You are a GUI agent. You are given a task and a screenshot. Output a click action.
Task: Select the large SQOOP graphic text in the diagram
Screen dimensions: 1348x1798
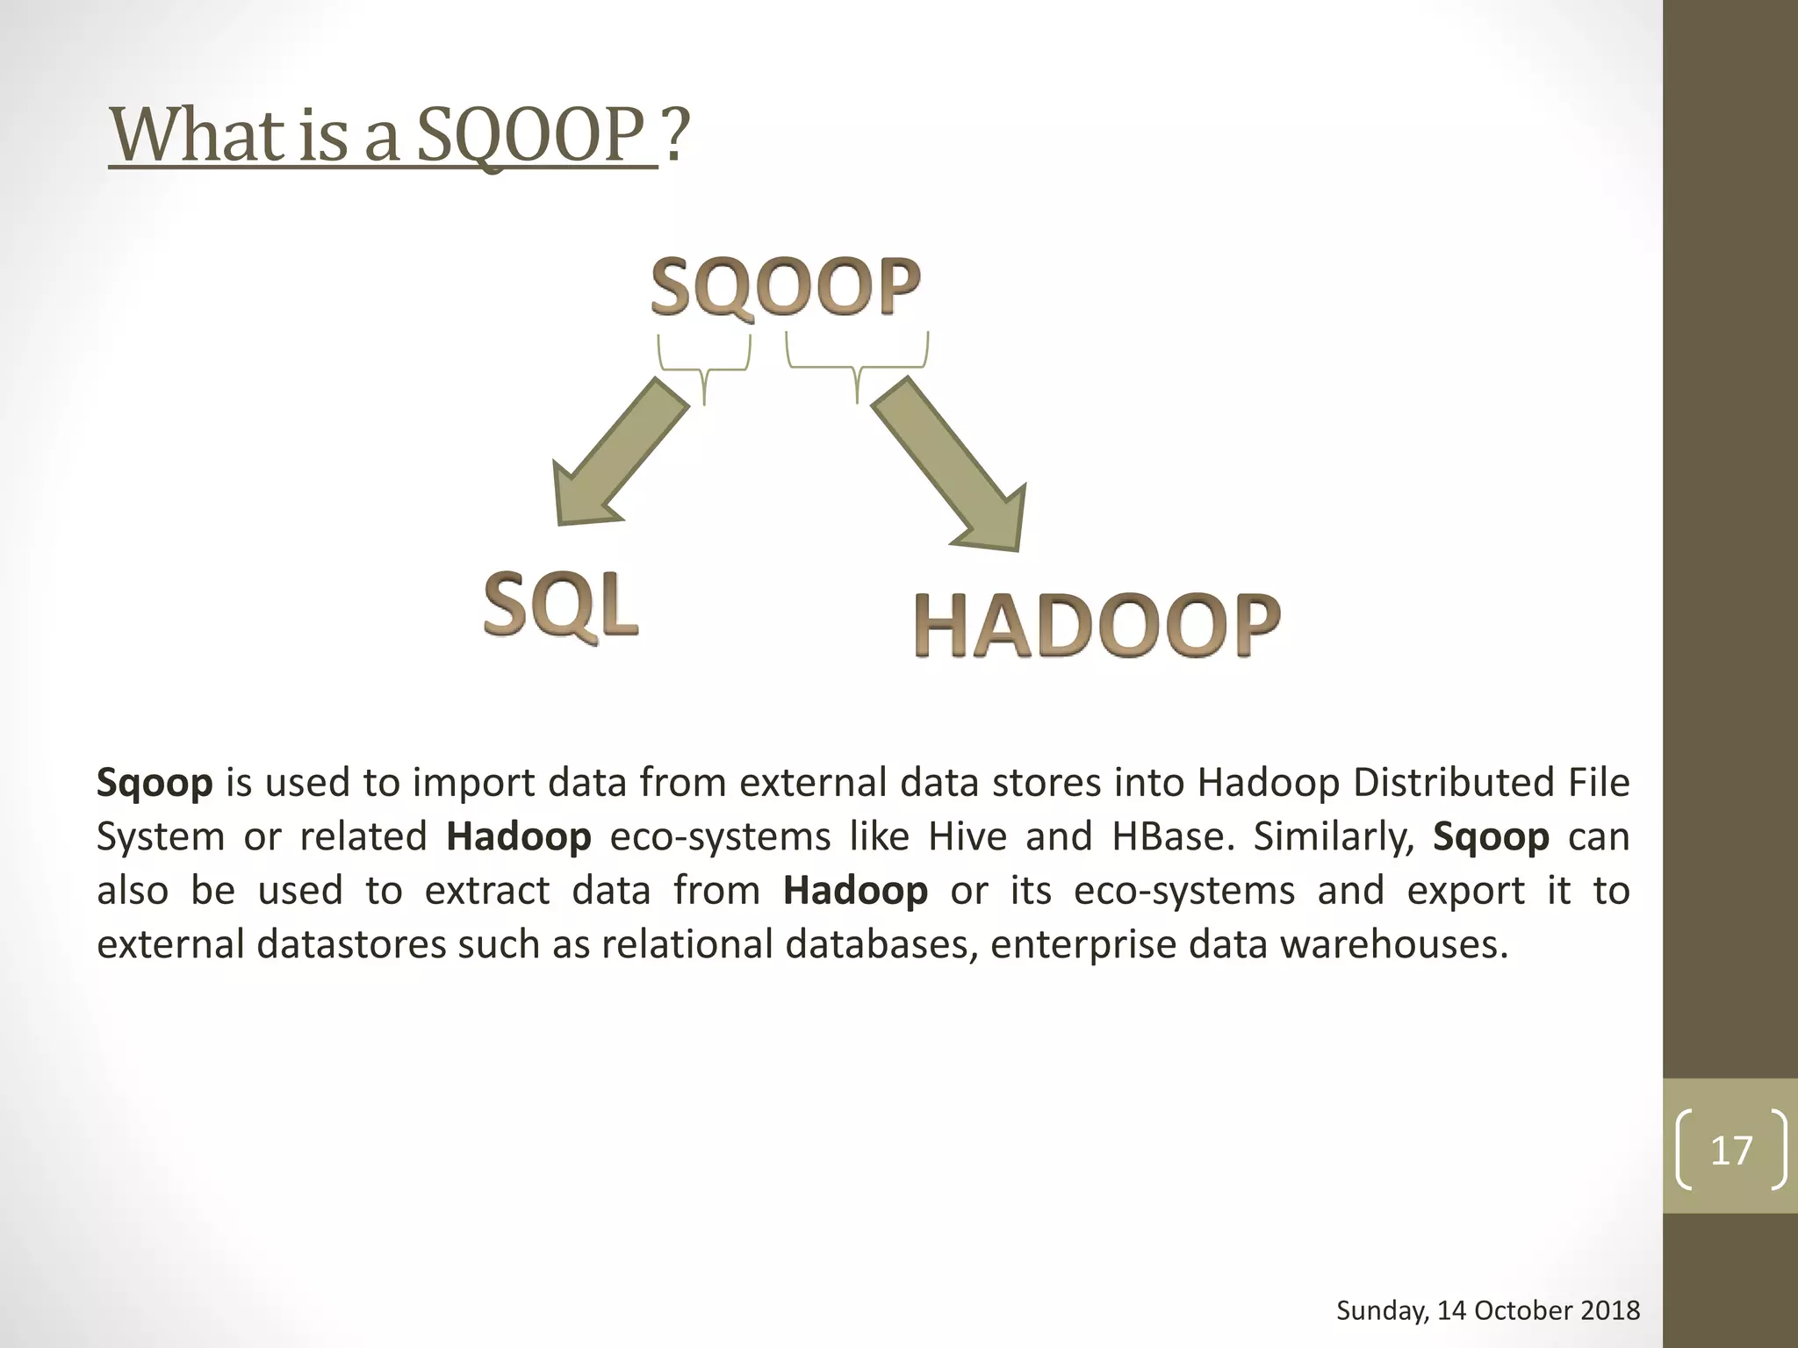click(785, 287)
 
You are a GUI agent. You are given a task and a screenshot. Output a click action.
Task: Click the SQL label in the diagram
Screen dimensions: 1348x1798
click(561, 605)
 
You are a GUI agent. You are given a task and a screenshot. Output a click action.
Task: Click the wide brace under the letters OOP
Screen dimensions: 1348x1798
click(857, 364)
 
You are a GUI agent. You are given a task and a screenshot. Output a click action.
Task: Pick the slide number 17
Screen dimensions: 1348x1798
click(1730, 1150)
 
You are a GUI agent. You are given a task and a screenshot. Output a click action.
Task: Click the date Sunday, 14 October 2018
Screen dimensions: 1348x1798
click(1487, 1311)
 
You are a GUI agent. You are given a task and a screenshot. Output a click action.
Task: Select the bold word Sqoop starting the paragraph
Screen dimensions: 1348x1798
click(155, 782)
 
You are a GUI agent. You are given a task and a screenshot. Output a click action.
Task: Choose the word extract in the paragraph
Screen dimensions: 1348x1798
click(487, 891)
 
